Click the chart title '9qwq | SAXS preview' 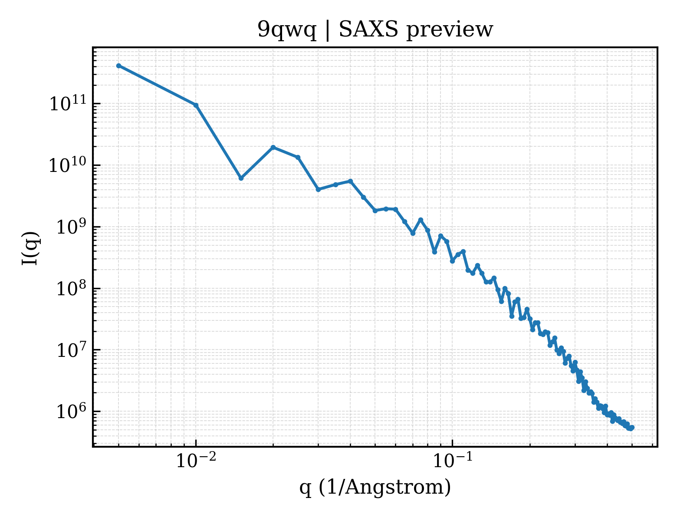pyautogui.click(x=375, y=30)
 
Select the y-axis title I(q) pyautogui.click(x=30, y=248)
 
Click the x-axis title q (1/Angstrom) pyautogui.click(x=375, y=488)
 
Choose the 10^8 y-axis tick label pyautogui.click(x=71, y=287)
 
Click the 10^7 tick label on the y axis pyautogui.click(x=71, y=349)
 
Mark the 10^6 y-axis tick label pyautogui.click(x=71, y=411)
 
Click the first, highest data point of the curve pyautogui.click(x=119, y=66)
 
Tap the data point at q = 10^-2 pyautogui.click(x=196, y=106)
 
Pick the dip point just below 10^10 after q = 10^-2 pyautogui.click(x=241, y=178)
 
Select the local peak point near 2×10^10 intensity pyautogui.click(x=273, y=147)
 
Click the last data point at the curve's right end pyautogui.click(x=632, y=428)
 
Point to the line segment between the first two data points pyautogui.click(x=158, y=86)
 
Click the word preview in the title pyautogui.click(x=450, y=30)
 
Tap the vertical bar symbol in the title pyautogui.click(x=327, y=30)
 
